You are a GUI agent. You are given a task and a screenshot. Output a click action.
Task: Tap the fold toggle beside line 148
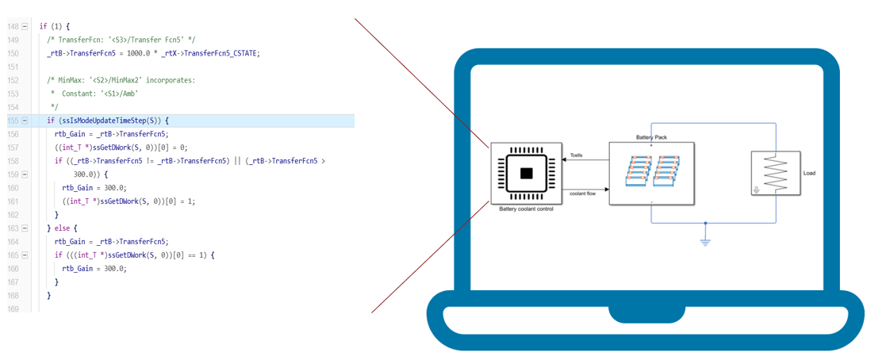click(x=25, y=26)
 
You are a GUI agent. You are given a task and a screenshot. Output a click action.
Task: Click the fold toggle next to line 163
click(x=25, y=228)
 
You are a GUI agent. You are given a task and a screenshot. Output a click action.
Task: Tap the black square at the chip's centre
click(x=526, y=174)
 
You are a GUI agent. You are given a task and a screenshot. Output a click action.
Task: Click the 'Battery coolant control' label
click(x=526, y=209)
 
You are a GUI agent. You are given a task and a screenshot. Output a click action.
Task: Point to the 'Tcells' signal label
click(x=577, y=155)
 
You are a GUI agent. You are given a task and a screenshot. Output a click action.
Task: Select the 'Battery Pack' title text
click(x=651, y=137)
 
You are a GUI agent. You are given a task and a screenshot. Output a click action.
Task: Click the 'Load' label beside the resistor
click(x=808, y=174)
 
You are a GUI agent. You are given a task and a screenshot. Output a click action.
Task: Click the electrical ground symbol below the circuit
click(x=704, y=241)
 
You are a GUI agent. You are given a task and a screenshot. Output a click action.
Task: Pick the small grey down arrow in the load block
click(x=756, y=190)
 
